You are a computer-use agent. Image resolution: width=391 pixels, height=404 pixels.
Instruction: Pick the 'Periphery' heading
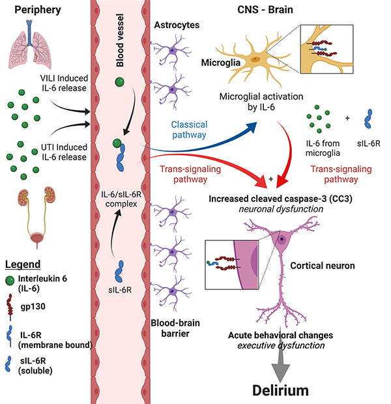tap(35, 11)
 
